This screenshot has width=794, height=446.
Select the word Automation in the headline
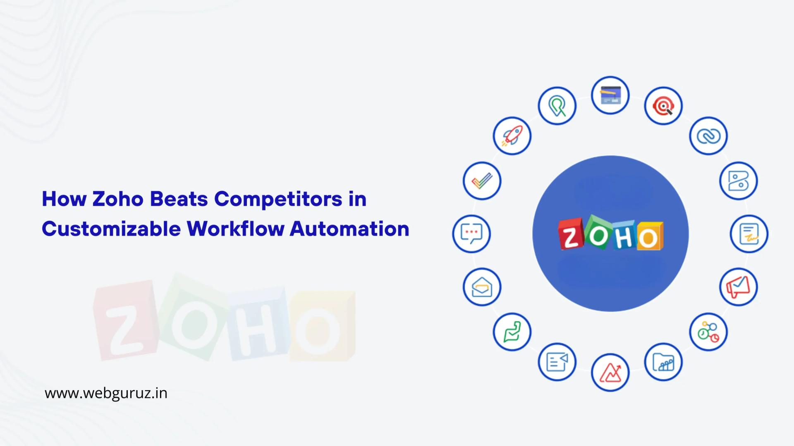click(x=349, y=229)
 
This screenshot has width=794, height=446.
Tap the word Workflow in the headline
click(x=235, y=229)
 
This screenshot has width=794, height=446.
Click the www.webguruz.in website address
click(x=106, y=393)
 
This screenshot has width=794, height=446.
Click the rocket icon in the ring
click(x=512, y=136)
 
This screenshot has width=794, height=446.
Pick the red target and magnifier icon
click(x=663, y=106)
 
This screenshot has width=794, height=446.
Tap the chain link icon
click(x=708, y=136)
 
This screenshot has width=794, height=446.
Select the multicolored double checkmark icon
click(x=482, y=181)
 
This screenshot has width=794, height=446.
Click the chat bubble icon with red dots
click(x=471, y=234)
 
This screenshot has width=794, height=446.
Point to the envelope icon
click(x=482, y=287)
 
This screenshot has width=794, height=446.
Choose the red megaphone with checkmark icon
click(x=739, y=287)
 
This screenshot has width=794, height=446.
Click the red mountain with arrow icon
click(x=610, y=373)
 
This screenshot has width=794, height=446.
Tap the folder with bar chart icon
click(x=663, y=362)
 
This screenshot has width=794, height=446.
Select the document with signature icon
click(x=749, y=234)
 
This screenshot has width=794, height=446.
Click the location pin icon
click(x=557, y=106)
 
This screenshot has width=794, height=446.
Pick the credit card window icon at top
click(x=610, y=95)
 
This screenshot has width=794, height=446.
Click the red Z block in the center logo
click(x=571, y=235)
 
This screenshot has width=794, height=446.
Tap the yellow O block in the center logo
click(x=649, y=237)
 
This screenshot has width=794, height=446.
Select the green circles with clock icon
click(x=708, y=332)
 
